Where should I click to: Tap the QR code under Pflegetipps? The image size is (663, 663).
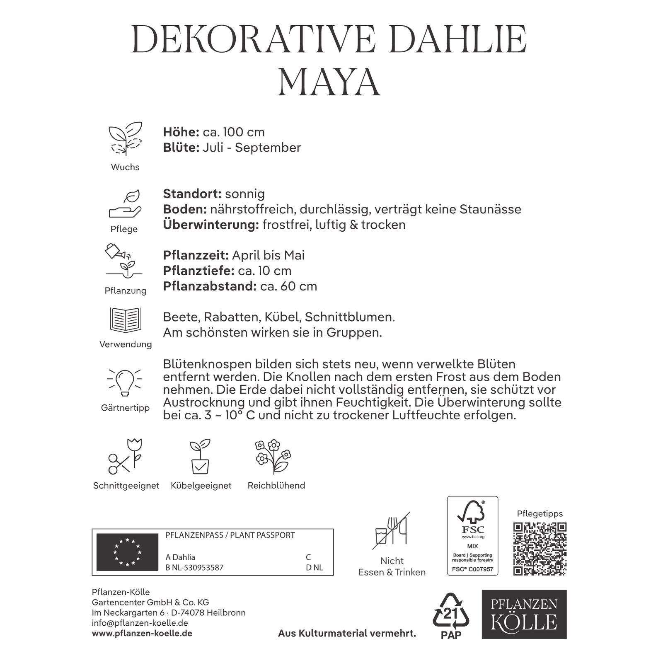(540, 549)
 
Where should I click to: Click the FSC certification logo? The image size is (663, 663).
(472, 536)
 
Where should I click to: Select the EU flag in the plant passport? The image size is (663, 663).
(127, 552)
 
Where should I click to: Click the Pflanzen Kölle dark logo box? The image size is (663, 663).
(524, 614)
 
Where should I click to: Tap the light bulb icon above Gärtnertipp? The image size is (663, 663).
(125, 381)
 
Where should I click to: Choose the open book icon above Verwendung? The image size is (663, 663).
(125, 320)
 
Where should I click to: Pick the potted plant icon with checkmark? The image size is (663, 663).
(201, 457)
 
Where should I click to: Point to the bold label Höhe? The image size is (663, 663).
(181, 132)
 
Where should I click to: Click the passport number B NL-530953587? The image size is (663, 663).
(194, 568)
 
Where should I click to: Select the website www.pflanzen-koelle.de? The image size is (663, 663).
(142, 634)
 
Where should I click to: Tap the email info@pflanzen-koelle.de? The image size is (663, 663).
(140, 623)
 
